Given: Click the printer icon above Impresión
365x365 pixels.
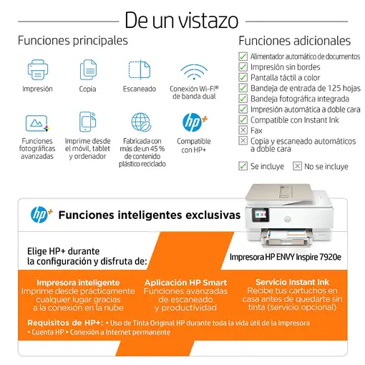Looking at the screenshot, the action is coord(38,69).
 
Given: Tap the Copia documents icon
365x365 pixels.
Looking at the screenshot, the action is coord(88,69).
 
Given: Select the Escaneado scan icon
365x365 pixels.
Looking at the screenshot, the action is coord(140,69).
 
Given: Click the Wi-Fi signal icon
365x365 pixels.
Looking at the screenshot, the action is coord(194,72).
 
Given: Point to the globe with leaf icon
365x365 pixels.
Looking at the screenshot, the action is coord(141,122).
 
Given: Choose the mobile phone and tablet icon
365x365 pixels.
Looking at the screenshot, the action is coord(87,122).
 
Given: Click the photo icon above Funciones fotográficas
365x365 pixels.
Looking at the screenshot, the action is coord(37,123).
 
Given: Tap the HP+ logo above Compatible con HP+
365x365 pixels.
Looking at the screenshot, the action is coord(195,122).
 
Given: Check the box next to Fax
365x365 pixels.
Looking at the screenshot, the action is coord(243,130).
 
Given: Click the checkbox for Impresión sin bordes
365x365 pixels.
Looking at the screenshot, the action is coord(243,67).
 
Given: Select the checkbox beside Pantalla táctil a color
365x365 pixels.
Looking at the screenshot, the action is coord(243,77).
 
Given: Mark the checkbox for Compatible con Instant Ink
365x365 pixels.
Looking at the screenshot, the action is coord(243,120).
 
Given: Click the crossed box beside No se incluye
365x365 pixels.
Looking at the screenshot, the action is coord(297,166).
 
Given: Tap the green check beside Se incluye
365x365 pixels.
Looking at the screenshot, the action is coord(243,166).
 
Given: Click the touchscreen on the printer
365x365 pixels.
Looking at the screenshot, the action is coord(261,215).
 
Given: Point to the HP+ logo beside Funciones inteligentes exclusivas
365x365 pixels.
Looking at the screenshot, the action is coord(42,215).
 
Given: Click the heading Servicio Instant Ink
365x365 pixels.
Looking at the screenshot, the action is coord(292,282).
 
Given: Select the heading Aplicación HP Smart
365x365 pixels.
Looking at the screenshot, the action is coord(185,283).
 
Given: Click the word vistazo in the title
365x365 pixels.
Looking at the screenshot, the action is coord(208,21).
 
